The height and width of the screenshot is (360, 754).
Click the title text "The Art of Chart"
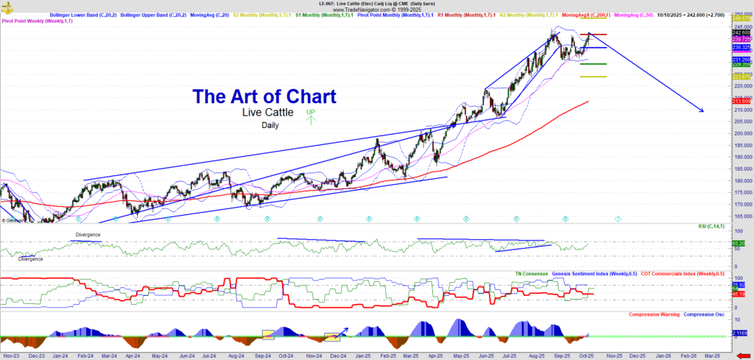[264, 96]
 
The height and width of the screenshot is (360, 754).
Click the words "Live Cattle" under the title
[268, 113]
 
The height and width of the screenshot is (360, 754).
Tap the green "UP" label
[311, 112]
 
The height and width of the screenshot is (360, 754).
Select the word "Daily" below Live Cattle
[270, 125]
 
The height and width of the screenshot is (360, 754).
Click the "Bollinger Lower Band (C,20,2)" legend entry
[80, 15]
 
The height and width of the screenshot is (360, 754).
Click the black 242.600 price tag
[741, 32]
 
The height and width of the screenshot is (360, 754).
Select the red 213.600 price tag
[741, 101]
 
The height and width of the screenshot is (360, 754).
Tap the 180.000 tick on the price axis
[741, 180]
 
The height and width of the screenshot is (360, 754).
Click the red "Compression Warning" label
[654, 314]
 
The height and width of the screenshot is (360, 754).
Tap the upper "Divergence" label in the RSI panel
[88, 234]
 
